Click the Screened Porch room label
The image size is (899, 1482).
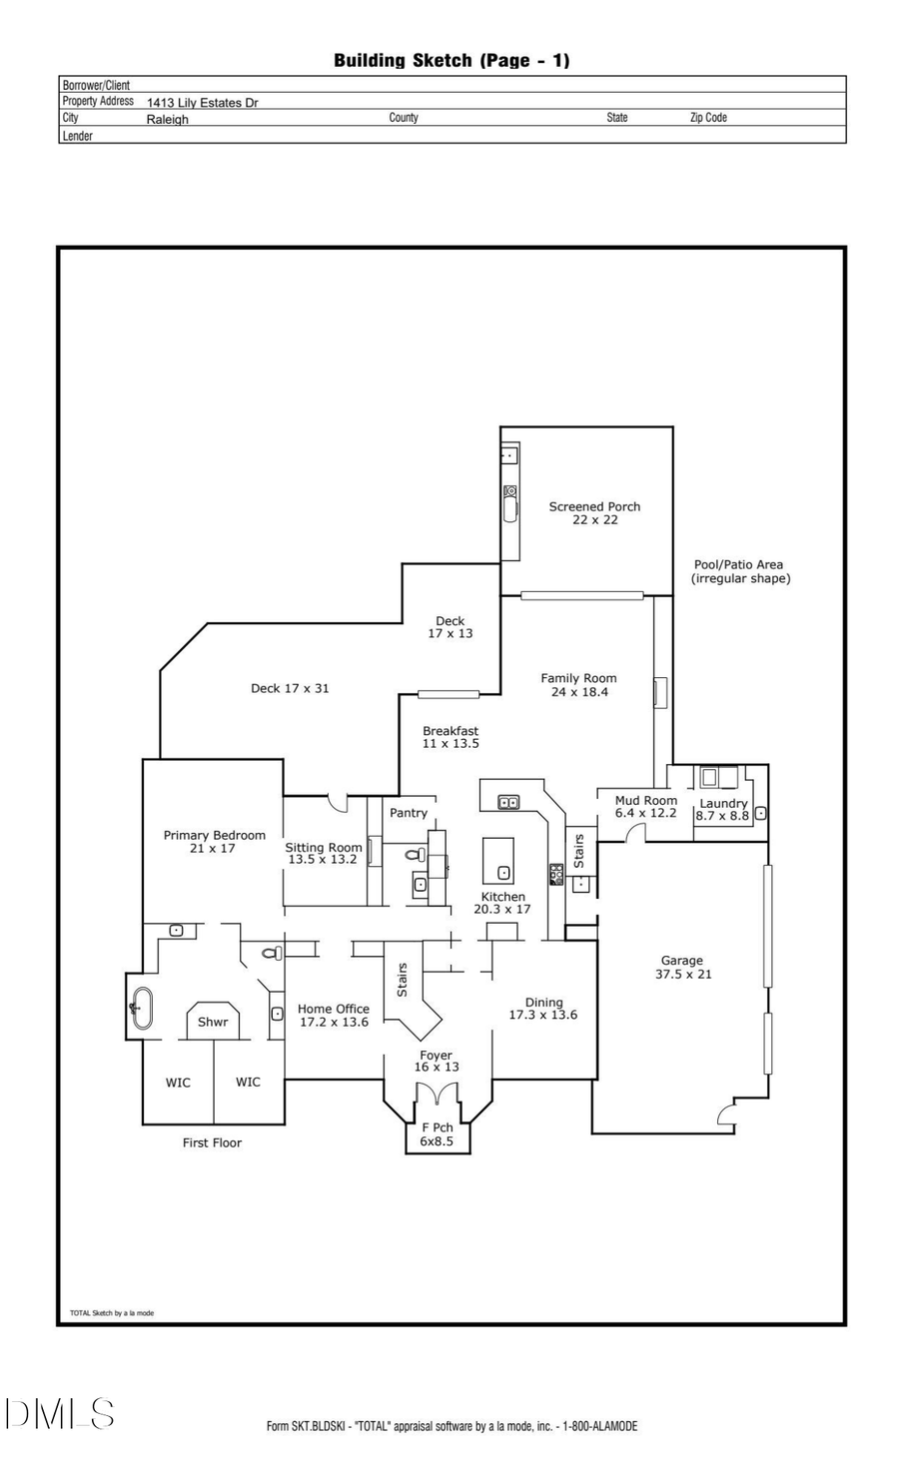click(594, 513)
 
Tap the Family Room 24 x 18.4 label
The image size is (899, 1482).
click(578, 685)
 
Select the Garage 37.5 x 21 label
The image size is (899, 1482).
click(682, 968)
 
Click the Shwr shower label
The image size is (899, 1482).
click(213, 1022)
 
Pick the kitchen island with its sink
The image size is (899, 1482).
click(498, 861)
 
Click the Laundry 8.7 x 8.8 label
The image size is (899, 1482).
click(723, 809)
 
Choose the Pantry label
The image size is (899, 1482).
click(409, 813)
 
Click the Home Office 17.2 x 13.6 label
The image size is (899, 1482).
click(334, 1016)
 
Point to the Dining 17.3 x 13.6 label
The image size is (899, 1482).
click(543, 1009)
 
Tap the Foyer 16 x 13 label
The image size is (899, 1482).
click(437, 1061)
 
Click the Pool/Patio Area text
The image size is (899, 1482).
click(739, 571)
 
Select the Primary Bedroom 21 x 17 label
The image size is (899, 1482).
click(214, 842)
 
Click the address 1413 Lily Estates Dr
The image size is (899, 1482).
click(202, 103)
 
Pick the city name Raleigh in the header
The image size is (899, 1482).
click(167, 119)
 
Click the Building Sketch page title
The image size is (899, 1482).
click(451, 60)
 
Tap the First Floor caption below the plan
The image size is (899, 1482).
click(212, 1142)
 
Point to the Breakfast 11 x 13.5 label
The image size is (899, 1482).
click(450, 737)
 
